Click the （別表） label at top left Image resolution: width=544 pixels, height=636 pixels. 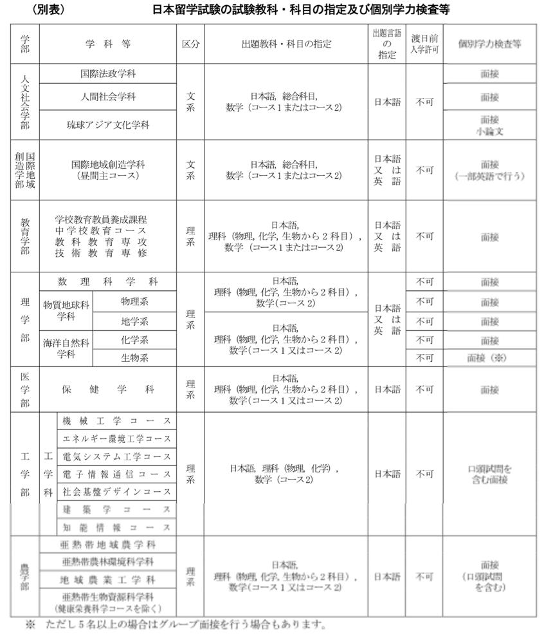[x=47, y=10]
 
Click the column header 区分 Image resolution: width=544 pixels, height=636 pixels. [x=190, y=44]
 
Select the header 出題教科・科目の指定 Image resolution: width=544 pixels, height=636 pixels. [x=286, y=44]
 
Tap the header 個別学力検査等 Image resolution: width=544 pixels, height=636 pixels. [x=489, y=44]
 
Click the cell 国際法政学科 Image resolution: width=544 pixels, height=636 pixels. [x=108, y=73]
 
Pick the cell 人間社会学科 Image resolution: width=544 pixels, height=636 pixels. [x=108, y=97]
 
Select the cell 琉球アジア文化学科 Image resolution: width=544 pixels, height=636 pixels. [x=108, y=124]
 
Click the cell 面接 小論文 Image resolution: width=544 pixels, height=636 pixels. [x=489, y=125]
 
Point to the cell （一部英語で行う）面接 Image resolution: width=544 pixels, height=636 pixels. [x=489, y=170]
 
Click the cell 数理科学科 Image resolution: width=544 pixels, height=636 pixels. [x=108, y=282]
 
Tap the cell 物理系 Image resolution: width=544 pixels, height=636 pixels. [x=134, y=301]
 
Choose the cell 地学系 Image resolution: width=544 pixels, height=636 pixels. [x=134, y=321]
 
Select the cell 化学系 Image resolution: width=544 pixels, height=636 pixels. [x=134, y=340]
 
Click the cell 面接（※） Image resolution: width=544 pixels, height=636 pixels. [x=489, y=358]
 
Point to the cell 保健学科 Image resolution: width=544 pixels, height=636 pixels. [x=108, y=389]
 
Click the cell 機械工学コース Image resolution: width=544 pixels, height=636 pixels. [x=116, y=421]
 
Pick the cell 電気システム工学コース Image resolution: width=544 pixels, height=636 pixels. [x=116, y=456]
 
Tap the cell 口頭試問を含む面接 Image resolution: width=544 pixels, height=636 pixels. [x=489, y=474]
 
